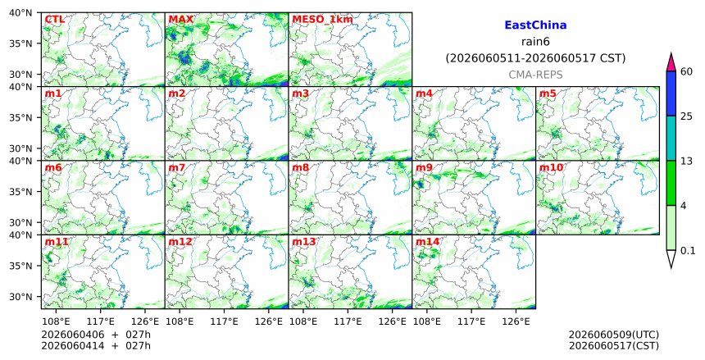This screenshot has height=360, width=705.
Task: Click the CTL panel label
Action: point(54,20)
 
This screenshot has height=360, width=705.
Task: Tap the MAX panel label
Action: point(180,20)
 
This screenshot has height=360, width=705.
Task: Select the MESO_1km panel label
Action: point(322,20)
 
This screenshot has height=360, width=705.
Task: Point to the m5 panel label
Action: point(548,93)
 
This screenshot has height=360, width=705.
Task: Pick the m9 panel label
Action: point(424,167)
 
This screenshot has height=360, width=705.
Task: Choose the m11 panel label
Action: point(57,242)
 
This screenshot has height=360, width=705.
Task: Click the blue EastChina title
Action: point(535,25)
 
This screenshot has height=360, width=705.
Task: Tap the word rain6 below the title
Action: point(535,42)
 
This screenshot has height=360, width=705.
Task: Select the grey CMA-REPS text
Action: point(535,75)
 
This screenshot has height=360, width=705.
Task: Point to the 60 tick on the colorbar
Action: point(686,71)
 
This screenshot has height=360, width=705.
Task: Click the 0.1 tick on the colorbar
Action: point(688,251)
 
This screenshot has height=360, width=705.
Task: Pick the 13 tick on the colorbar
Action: point(686,161)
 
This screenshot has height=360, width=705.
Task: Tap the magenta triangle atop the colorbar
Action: point(671,63)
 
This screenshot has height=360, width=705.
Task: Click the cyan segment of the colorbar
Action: point(671,139)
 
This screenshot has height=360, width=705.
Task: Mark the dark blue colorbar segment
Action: point(671,93)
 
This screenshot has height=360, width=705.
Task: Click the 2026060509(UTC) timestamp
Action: point(614,335)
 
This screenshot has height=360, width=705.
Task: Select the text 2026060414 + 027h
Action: point(96,345)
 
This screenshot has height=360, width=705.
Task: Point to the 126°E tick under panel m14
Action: point(516,321)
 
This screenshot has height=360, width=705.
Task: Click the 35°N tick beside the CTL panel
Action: point(20,43)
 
